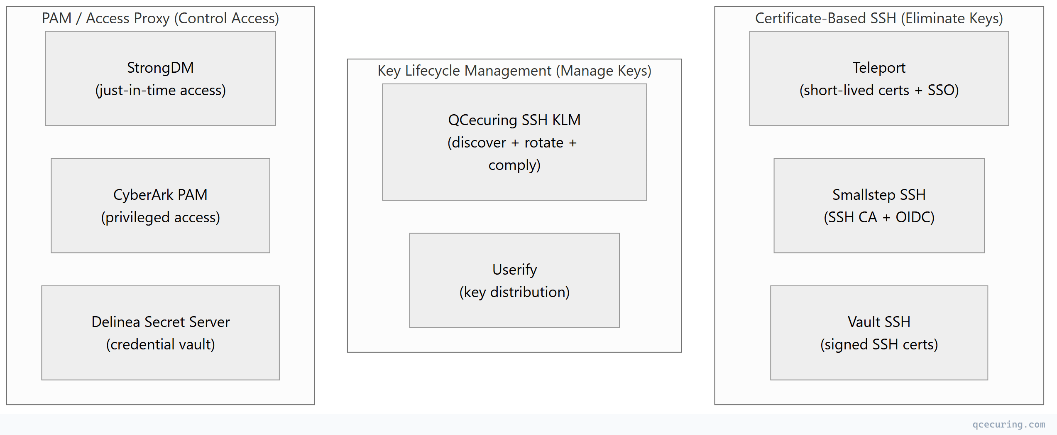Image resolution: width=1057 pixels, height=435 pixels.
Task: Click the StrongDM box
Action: click(x=160, y=79)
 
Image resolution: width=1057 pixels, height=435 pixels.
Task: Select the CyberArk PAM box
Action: click(x=160, y=206)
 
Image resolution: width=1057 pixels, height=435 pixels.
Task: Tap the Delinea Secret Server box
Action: click(x=160, y=333)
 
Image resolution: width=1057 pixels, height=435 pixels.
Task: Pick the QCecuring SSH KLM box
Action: click(x=514, y=142)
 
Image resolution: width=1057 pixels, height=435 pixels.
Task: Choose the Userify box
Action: click(x=514, y=280)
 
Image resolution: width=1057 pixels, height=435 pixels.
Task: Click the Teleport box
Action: click(x=879, y=79)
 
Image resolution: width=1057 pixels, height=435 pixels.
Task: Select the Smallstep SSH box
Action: click(x=879, y=206)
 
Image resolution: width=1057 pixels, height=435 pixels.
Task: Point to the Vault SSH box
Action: click(x=879, y=333)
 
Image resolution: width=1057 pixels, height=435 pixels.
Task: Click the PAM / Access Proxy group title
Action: click(x=160, y=19)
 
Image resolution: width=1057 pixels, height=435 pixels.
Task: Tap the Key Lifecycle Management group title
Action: click(x=514, y=71)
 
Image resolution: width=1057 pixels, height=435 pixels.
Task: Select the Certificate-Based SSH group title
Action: click(x=879, y=19)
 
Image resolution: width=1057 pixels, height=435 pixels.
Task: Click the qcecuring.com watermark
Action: click(x=1008, y=425)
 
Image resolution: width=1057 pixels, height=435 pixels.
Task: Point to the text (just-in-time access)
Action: click(x=160, y=91)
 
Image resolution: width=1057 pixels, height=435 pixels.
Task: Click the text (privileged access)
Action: click(x=160, y=218)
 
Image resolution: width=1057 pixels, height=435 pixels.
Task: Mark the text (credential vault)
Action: click(x=160, y=345)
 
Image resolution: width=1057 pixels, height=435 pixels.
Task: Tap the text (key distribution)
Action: click(x=514, y=292)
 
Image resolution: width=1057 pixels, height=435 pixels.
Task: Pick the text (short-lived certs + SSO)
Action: click(x=879, y=91)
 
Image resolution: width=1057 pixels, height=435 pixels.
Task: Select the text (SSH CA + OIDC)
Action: click(x=879, y=218)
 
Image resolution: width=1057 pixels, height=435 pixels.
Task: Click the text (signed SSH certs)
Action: click(x=879, y=345)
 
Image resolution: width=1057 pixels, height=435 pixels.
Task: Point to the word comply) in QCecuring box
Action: click(x=514, y=165)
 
